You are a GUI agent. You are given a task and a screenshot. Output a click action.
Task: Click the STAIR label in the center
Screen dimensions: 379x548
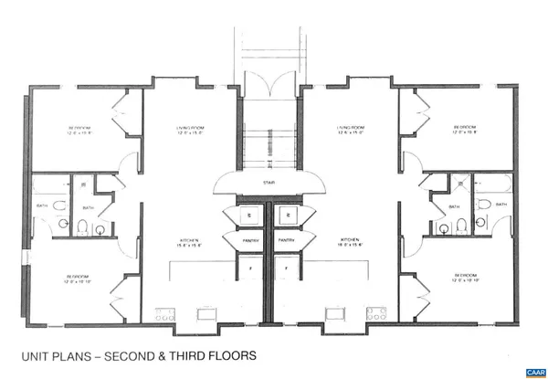[269, 183]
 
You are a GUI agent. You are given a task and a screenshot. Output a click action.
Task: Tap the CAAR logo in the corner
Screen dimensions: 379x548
[534, 372]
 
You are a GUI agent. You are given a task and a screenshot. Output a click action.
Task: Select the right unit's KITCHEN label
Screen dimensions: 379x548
[352, 240]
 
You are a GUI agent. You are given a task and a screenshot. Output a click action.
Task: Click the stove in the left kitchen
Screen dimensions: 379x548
[164, 314]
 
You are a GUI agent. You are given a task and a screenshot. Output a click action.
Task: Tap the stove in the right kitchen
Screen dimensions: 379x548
[375, 314]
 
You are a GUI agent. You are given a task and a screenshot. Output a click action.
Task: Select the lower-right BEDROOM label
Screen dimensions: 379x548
[465, 274]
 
